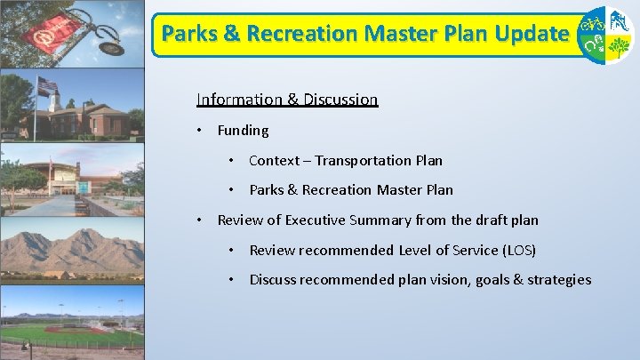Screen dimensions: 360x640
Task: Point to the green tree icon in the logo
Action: click(620, 48)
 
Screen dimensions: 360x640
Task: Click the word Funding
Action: click(243, 131)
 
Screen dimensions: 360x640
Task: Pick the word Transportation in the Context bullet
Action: click(363, 161)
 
